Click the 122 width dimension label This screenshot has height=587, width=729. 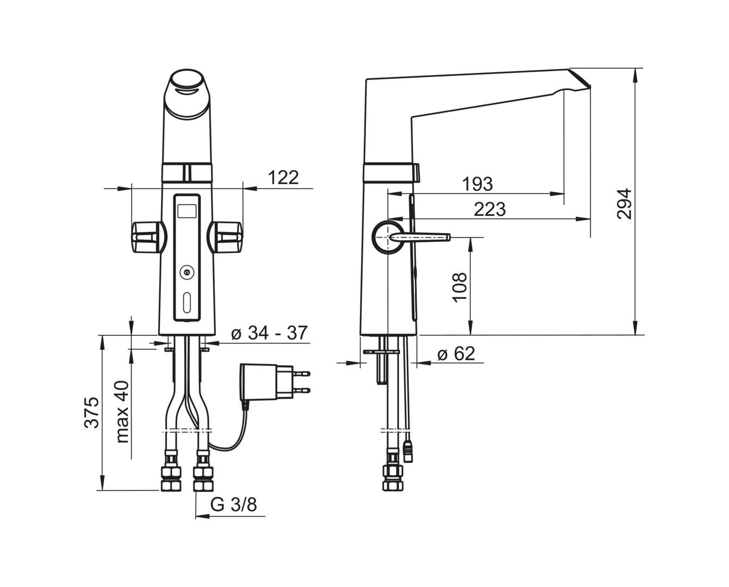pyautogui.click(x=283, y=178)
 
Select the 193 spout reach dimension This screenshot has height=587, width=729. pyautogui.click(x=478, y=184)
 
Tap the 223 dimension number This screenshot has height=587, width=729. pyautogui.click(x=489, y=209)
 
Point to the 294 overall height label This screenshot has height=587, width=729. pyautogui.click(x=624, y=204)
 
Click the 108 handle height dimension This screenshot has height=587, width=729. pyautogui.click(x=459, y=286)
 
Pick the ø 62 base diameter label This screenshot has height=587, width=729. pyautogui.click(x=456, y=354)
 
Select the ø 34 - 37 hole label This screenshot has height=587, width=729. pyautogui.click(x=269, y=333)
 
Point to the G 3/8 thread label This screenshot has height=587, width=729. pyautogui.click(x=234, y=505)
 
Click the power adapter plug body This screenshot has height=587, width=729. pyautogui.click(x=266, y=382)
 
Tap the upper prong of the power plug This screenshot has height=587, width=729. pyautogui.click(x=302, y=373)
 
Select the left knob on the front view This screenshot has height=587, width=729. pyautogui.click(x=148, y=238)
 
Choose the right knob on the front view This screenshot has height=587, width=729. pyautogui.click(x=225, y=238)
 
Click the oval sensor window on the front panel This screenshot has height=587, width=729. pyautogui.click(x=186, y=303)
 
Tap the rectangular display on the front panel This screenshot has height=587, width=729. pyautogui.click(x=186, y=211)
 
